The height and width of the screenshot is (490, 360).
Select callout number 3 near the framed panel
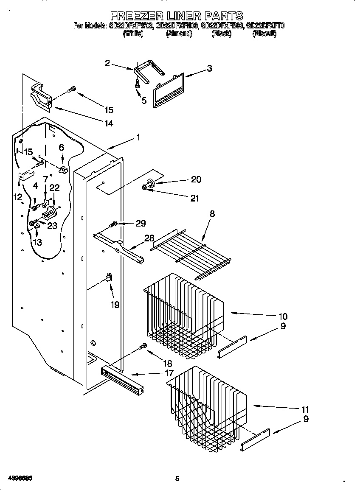(209, 69)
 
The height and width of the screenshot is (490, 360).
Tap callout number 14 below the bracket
(109, 123)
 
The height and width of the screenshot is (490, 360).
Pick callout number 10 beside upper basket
(283, 316)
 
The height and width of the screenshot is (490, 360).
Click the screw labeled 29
(114, 224)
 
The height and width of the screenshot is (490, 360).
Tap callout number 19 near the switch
(115, 304)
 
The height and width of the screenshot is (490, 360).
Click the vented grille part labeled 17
(121, 379)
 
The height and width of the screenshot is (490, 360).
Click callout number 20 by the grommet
(196, 179)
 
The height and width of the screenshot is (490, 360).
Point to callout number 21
(195, 198)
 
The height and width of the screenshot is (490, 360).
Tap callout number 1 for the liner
(138, 137)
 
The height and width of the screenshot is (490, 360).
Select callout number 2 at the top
(107, 63)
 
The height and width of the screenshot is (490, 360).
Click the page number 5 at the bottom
(177, 479)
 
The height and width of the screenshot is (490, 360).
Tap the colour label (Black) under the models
(221, 34)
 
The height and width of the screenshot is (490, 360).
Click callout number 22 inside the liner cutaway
(55, 187)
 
